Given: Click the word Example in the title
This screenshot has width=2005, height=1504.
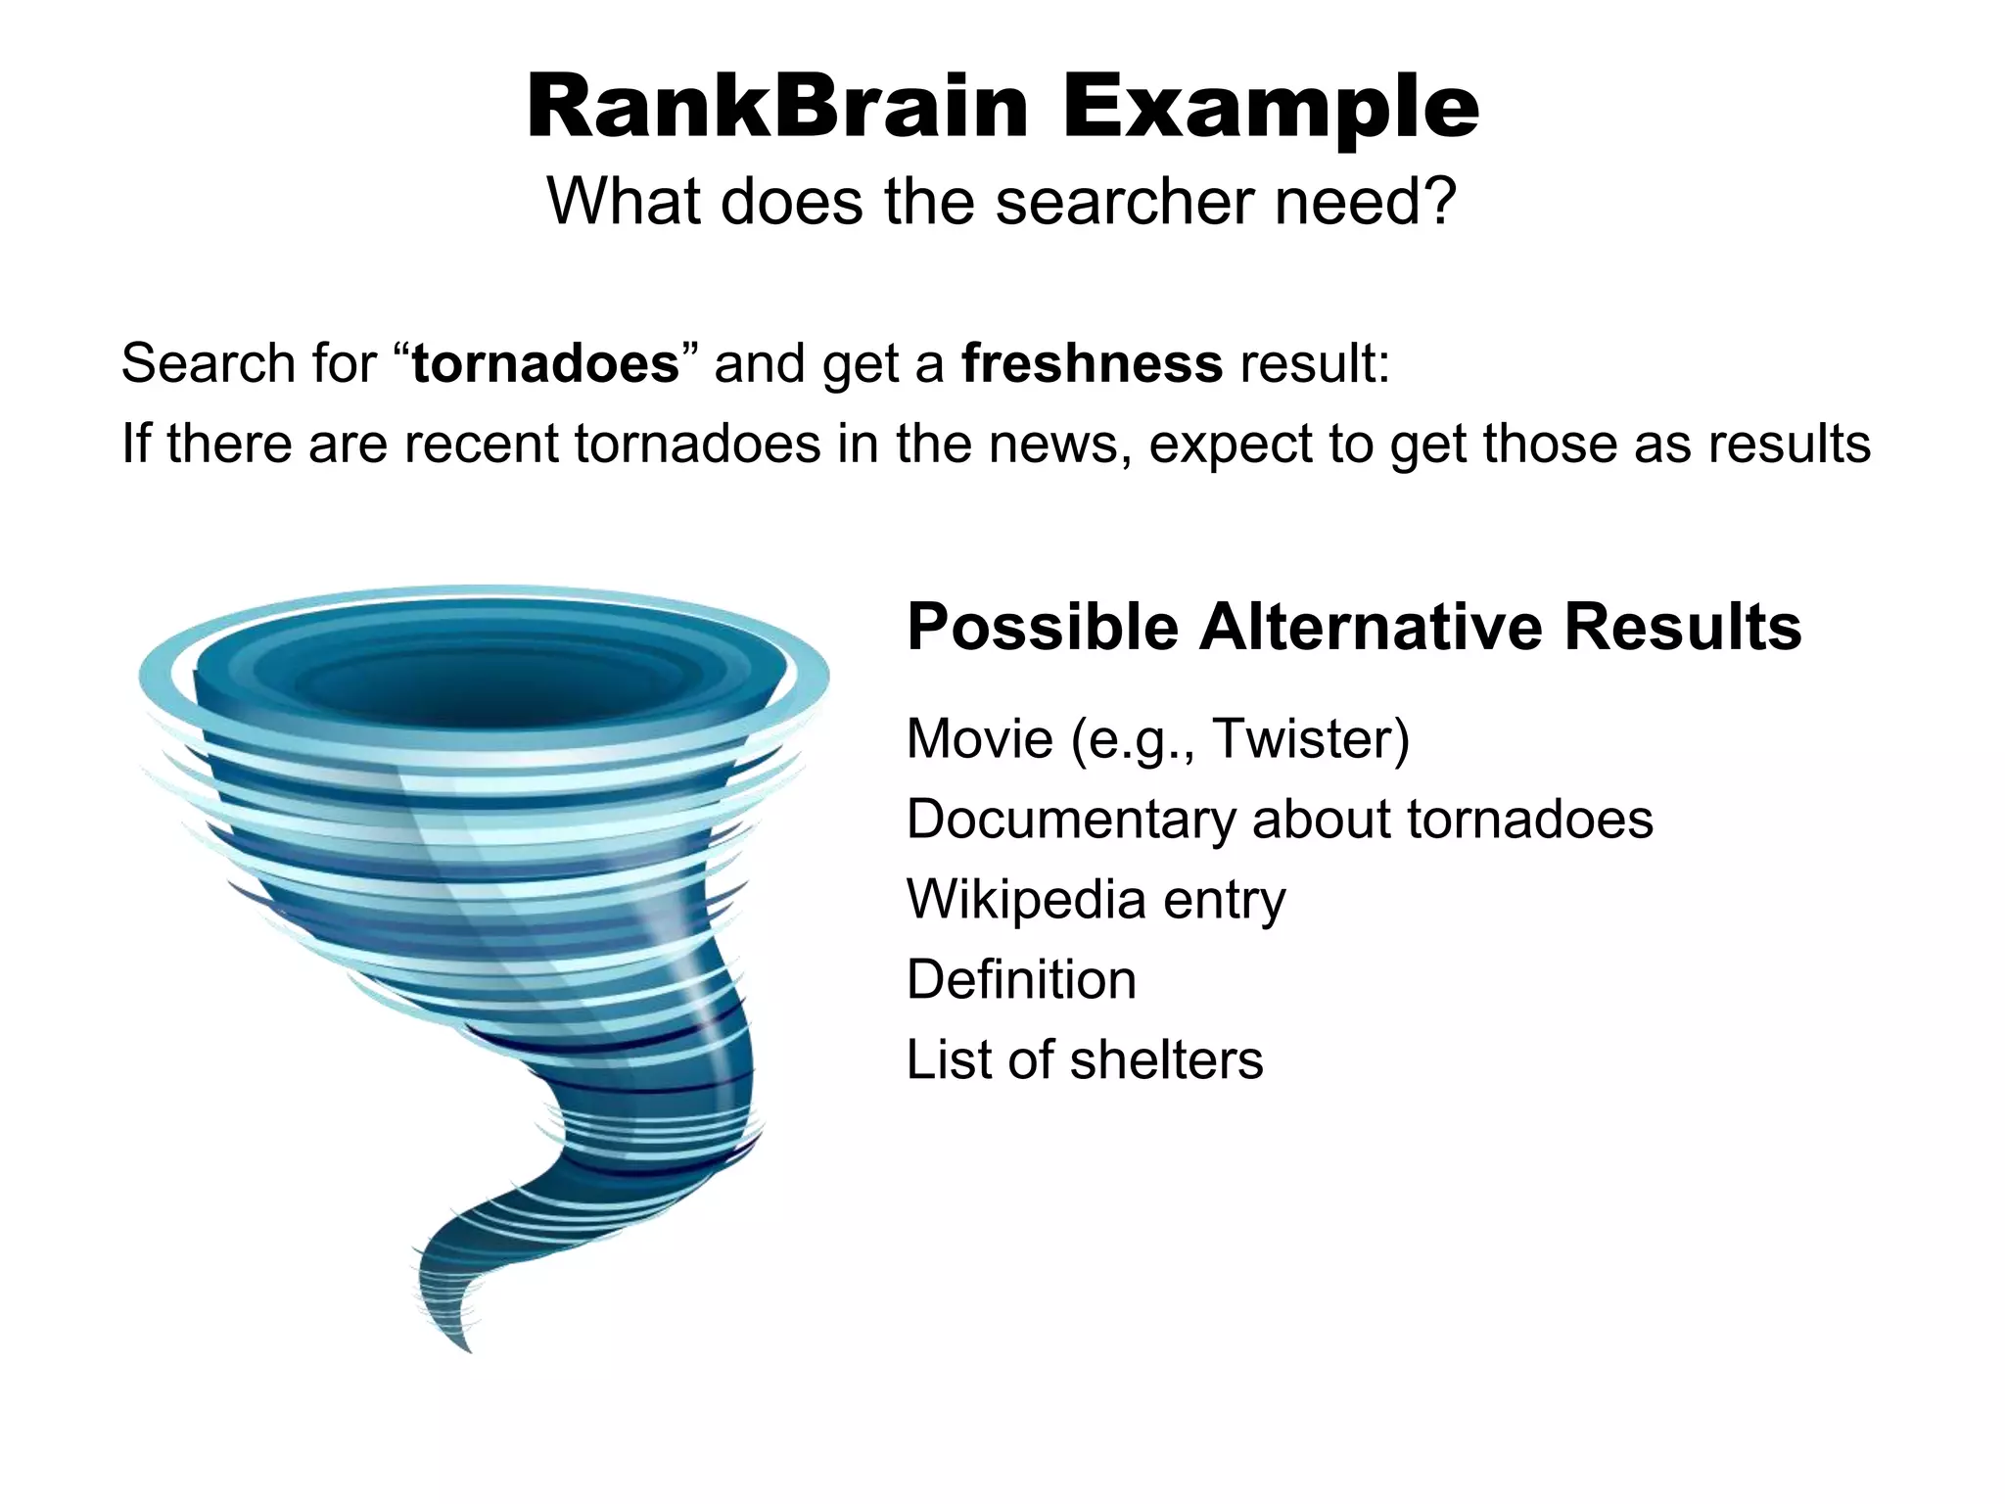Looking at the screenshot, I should (x=1270, y=110).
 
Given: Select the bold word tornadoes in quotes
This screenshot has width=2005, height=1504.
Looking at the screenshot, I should (x=545, y=363).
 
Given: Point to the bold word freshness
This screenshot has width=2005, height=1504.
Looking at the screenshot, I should (x=1091, y=363).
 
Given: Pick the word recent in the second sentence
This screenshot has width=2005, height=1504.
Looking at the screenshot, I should (x=481, y=444).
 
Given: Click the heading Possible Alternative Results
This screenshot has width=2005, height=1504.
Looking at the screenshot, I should (x=1353, y=627).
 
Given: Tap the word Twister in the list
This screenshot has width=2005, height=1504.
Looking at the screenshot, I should (x=1310, y=738).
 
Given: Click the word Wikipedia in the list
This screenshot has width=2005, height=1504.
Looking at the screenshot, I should (x=1026, y=899).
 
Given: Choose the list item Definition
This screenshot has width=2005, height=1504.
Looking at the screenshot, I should (x=1021, y=979).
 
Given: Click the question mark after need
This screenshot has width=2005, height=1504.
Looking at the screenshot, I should (x=1437, y=202).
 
